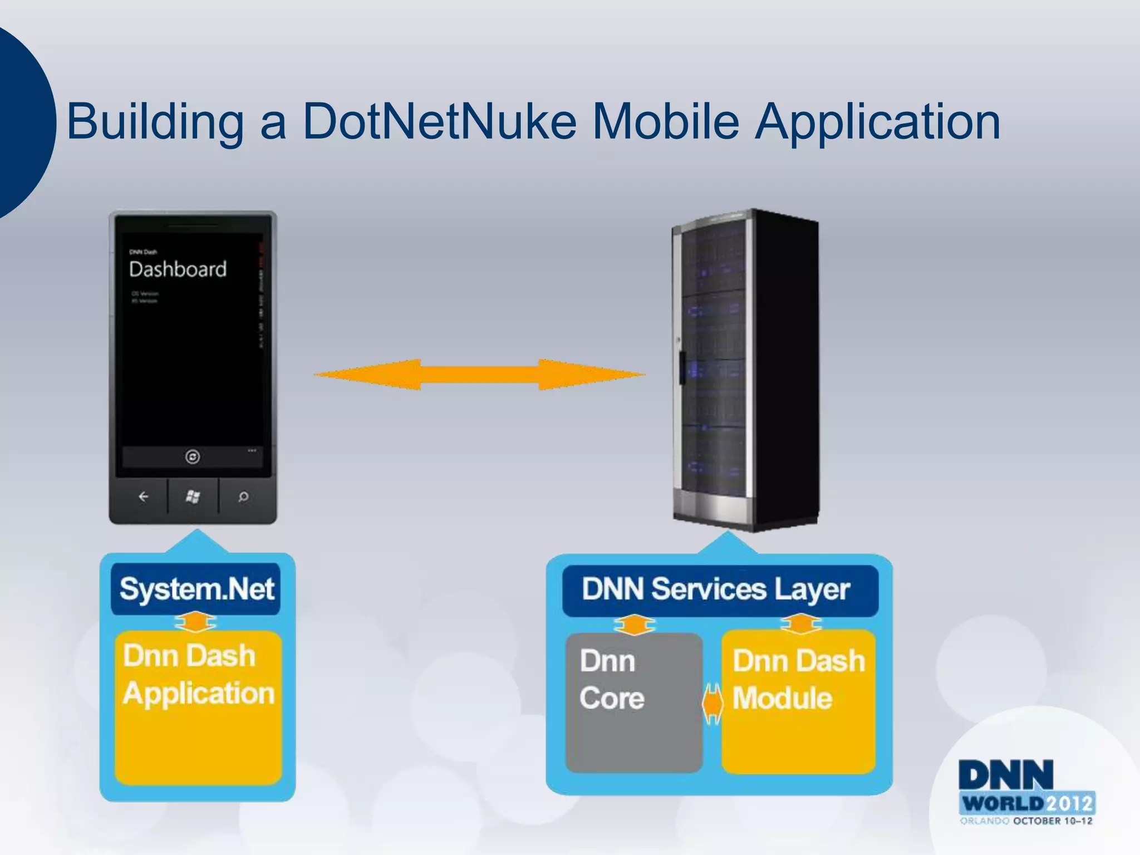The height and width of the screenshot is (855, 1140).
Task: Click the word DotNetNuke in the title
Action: point(439,121)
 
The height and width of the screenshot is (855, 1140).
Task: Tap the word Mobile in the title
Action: point(665,121)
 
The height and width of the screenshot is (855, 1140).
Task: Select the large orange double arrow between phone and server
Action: point(479,375)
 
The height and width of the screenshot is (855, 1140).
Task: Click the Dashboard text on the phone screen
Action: point(178,269)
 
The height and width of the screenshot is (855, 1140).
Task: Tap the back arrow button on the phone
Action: point(143,497)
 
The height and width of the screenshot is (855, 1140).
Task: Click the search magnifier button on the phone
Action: point(243,497)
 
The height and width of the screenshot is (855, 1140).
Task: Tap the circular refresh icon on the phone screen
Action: point(193,457)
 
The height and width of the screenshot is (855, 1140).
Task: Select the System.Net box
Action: point(196,589)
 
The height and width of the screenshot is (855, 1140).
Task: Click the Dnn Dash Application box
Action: point(198,707)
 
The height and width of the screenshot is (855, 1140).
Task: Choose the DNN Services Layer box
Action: point(719,590)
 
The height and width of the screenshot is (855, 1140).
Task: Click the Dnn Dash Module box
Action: point(798,701)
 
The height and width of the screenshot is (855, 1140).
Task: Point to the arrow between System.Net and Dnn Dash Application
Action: point(195,622)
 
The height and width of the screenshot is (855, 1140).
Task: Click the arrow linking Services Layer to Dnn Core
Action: point(634,625)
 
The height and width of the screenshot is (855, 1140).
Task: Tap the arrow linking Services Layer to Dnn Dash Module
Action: point(800,623)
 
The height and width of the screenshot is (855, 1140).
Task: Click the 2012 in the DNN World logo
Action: point(1069,804)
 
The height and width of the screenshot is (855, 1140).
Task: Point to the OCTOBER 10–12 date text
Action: point(1052,821)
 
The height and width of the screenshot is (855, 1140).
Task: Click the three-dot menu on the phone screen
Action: point(252,450)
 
